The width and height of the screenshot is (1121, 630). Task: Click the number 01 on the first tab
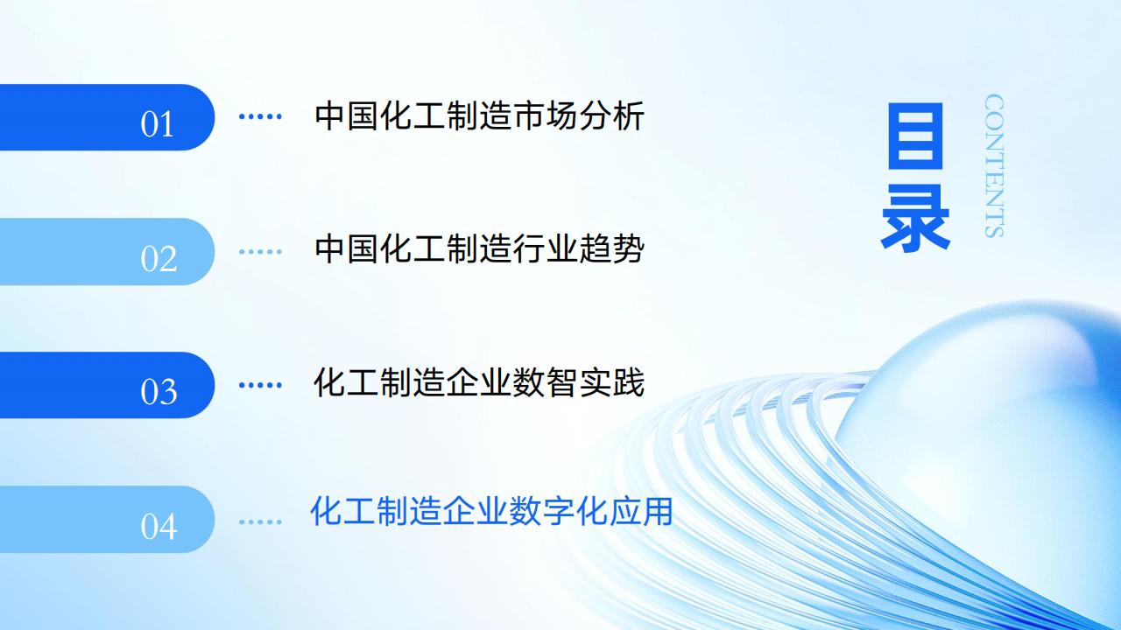[157, 124]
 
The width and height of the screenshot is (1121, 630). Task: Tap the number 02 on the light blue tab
[159, 258]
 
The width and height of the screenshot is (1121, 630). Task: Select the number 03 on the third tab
[159, 391]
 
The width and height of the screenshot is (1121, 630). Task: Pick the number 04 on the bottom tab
[159, 526]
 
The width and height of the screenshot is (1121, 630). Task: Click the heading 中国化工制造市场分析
[479, 116]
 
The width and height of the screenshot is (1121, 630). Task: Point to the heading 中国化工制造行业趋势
[479, 248]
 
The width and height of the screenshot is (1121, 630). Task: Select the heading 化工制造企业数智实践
[479, 382]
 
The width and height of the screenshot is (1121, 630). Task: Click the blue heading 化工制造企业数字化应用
[491, 511]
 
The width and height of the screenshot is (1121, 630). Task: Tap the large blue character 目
[916, 136]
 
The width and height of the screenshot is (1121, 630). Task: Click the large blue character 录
[916, 217]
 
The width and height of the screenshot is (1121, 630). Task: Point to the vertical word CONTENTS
[994, 165]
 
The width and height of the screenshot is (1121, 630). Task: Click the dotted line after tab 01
[260, 116]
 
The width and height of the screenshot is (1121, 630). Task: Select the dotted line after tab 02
[260, 251]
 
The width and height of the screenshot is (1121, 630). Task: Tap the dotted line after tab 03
[260, 385]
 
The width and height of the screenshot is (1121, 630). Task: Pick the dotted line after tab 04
[260, 521]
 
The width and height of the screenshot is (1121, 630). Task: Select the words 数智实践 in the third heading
[578, 382]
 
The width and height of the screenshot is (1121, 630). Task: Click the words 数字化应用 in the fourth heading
[590, 511]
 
